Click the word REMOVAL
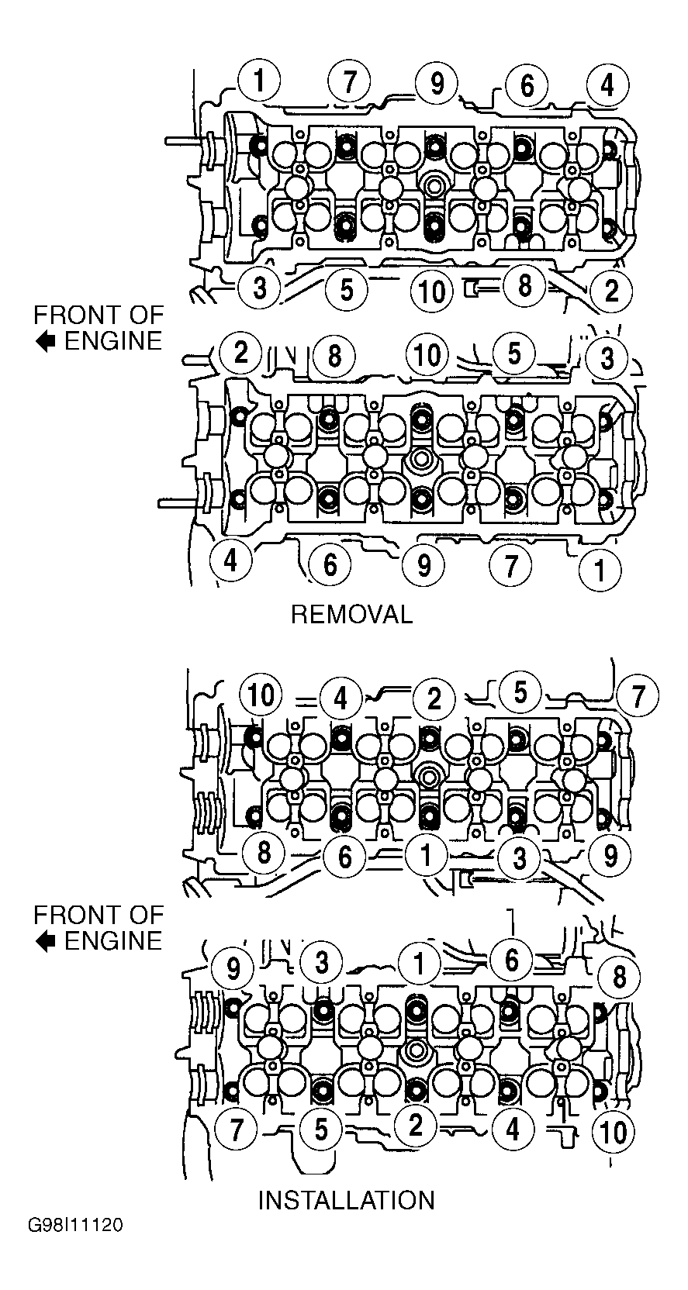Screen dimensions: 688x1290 pyautogui.click(x=351, y=615)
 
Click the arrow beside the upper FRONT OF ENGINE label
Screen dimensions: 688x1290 pyautogui.click(x=46, y=342)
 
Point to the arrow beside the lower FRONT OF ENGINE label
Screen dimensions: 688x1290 pyautogui.click(x=46, y=941)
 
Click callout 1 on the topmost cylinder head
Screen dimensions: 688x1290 pyautogui.click(x=259, y=81)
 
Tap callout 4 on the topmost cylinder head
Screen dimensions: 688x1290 pyautogui.click(x=607, y=86)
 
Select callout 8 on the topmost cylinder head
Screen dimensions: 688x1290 pyautogui.click(x=524, y=285)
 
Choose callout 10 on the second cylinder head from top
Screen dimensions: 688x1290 pyautogui.click(x=427, y=355)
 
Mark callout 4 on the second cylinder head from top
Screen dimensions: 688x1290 pyautogui.click(x=231, y=559)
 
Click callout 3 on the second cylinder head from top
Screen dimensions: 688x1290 pyautogui.click(x=607, y=358)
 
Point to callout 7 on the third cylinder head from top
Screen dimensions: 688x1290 pyautogui.click(x=638, y=697)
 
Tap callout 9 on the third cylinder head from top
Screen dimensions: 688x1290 pyautogui.click(x=610, y=856)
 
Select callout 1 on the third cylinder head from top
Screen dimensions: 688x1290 pyautogui.click(x=427, y=856)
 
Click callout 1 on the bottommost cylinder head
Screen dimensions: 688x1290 pyautogui.click(x=419, y=962)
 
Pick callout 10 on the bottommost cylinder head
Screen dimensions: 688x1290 pyautogui.click(x=613, y=1132)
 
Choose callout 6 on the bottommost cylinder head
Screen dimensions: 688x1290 pyautogui.click(x=511, y=960)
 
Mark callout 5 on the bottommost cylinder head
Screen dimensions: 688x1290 pyautogui.click(x=321, y=1128)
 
